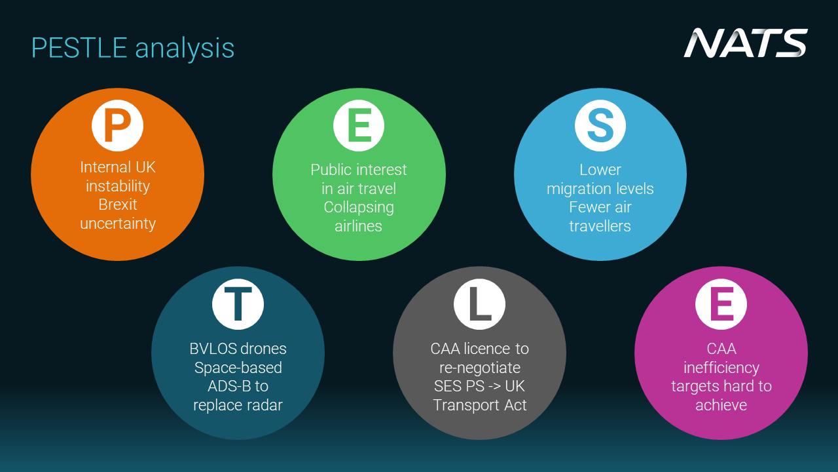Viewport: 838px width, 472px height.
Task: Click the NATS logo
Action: click(745, 43)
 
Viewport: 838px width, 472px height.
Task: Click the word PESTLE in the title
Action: click(79, 48)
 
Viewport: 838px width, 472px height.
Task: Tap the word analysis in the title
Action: click(185, 49)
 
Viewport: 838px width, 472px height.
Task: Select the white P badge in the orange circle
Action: click(117, 125)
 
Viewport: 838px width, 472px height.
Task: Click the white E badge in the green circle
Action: click(359, 125)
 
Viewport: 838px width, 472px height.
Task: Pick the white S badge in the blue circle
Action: click(600, 125)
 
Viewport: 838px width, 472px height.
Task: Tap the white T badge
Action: click(238, 304)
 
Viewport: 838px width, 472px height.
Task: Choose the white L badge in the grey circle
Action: click(480, 304)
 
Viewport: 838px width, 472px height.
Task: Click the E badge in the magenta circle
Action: click(721, 304)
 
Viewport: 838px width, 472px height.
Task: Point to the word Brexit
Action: click(117, 205)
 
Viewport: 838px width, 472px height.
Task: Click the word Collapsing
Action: click(359, 208)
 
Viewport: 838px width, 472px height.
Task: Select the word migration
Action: click(574, 189)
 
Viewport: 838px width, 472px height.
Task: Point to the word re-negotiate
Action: click(480, 368)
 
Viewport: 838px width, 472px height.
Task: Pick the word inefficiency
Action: click(721, 368)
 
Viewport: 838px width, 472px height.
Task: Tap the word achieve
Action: click(721, 405)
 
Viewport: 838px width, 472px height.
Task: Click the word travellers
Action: click(600, 226)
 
